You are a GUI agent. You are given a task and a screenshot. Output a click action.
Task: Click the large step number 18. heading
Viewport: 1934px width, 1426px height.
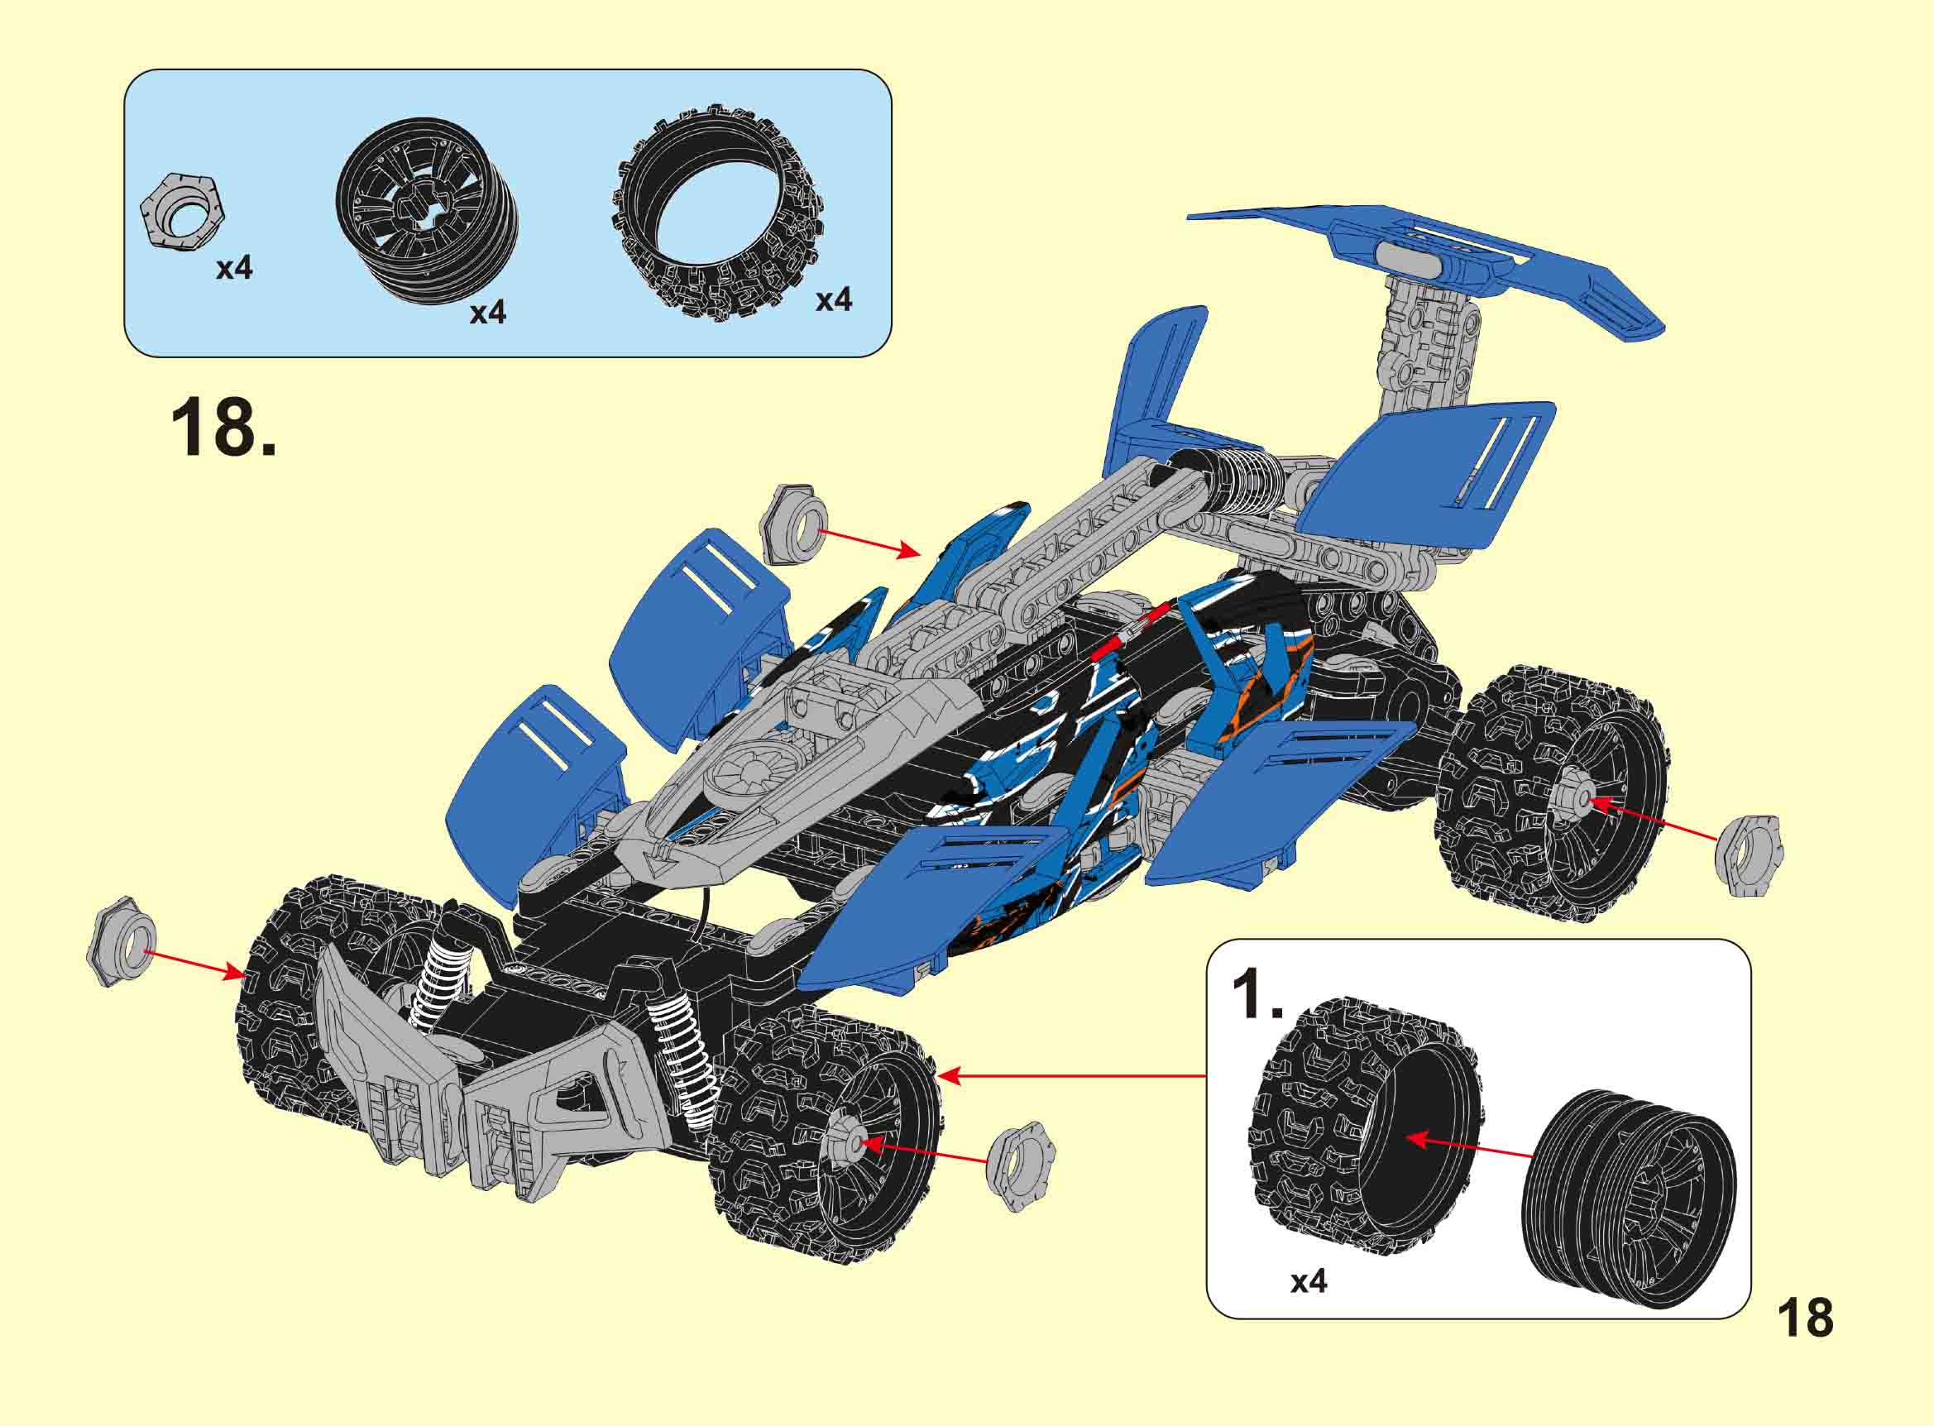coord(223,429)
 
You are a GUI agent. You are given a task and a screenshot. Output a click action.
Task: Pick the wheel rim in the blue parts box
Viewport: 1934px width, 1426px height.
coord(428,213)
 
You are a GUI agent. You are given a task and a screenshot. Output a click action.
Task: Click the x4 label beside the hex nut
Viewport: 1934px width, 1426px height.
coord(234,269)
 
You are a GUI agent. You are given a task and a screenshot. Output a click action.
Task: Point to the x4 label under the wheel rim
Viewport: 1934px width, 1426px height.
coord(487,313)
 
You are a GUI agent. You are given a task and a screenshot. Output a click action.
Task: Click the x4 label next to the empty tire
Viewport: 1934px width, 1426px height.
coord(834,299)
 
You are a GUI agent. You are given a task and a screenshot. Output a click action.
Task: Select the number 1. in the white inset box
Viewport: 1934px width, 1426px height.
coord(1257,994)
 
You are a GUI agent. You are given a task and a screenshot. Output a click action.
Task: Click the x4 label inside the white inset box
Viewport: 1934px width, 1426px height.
coord(1309,1306)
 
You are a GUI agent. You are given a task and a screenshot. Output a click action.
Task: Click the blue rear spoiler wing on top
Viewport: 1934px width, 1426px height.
coord(1424,263)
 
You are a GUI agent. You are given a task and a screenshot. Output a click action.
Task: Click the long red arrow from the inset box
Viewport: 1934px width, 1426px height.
coord(1070,1075)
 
